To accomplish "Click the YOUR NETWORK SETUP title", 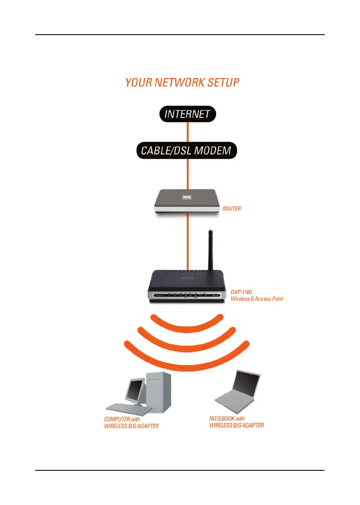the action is pos(182,82).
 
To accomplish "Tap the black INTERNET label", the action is pos(188,114).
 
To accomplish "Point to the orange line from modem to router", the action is pos(188,173).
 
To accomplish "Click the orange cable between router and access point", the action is pos(188,244).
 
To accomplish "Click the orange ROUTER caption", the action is pos(231,209).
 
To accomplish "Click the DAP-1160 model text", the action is pos(241,292).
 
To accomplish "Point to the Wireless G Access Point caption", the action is pos(256,299).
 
